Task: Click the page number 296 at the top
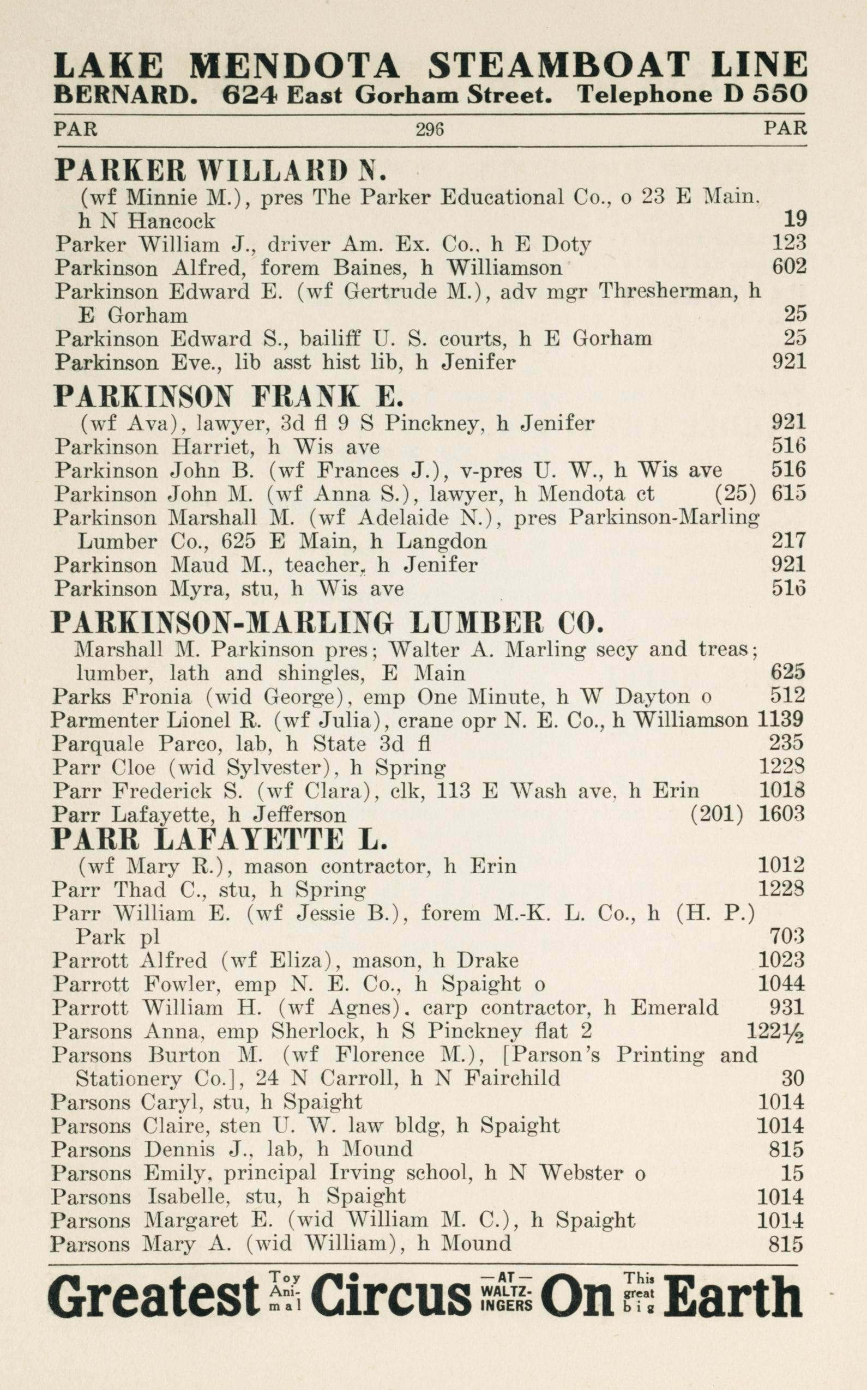430,130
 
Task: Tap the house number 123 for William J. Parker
789,244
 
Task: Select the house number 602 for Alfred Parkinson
789,267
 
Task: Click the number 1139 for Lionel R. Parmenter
781,720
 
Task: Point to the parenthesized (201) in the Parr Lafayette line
717,814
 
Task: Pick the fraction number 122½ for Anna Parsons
775,1032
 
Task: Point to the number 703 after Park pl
787,936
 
